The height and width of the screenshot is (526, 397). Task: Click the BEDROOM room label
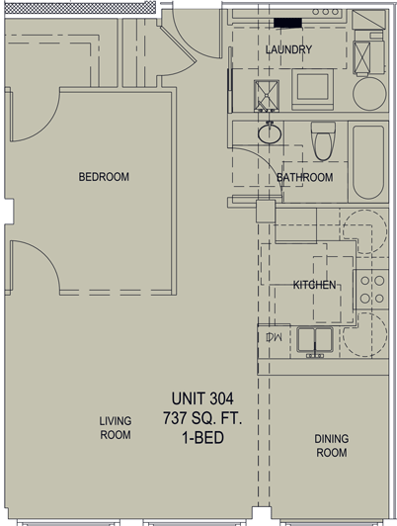pos(104,177)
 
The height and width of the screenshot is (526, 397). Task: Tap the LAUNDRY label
pos(288,49)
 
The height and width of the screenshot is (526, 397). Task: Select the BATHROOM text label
pos(305,177)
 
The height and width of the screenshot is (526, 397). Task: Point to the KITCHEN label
pos(314,285)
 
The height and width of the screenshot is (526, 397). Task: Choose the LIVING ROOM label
pos(116,428)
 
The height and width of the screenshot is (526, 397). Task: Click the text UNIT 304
pos(202,398)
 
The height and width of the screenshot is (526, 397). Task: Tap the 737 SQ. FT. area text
pos(202,418)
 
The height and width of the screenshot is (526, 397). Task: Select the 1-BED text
pos(202,438)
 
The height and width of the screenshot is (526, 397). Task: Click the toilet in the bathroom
pos(323,140)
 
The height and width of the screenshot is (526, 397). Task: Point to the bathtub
pos(368,162)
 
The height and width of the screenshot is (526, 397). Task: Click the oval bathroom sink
pos(270,134)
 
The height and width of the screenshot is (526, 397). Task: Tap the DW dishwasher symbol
pos(274,337)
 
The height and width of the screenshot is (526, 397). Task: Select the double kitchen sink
pos(315,340)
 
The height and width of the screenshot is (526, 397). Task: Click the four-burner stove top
pos(372,289)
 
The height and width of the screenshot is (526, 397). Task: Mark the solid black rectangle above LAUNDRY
pos(287,23)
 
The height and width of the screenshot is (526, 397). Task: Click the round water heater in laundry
pos(370,94)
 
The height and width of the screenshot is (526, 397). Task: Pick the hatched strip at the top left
pos(80,7)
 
